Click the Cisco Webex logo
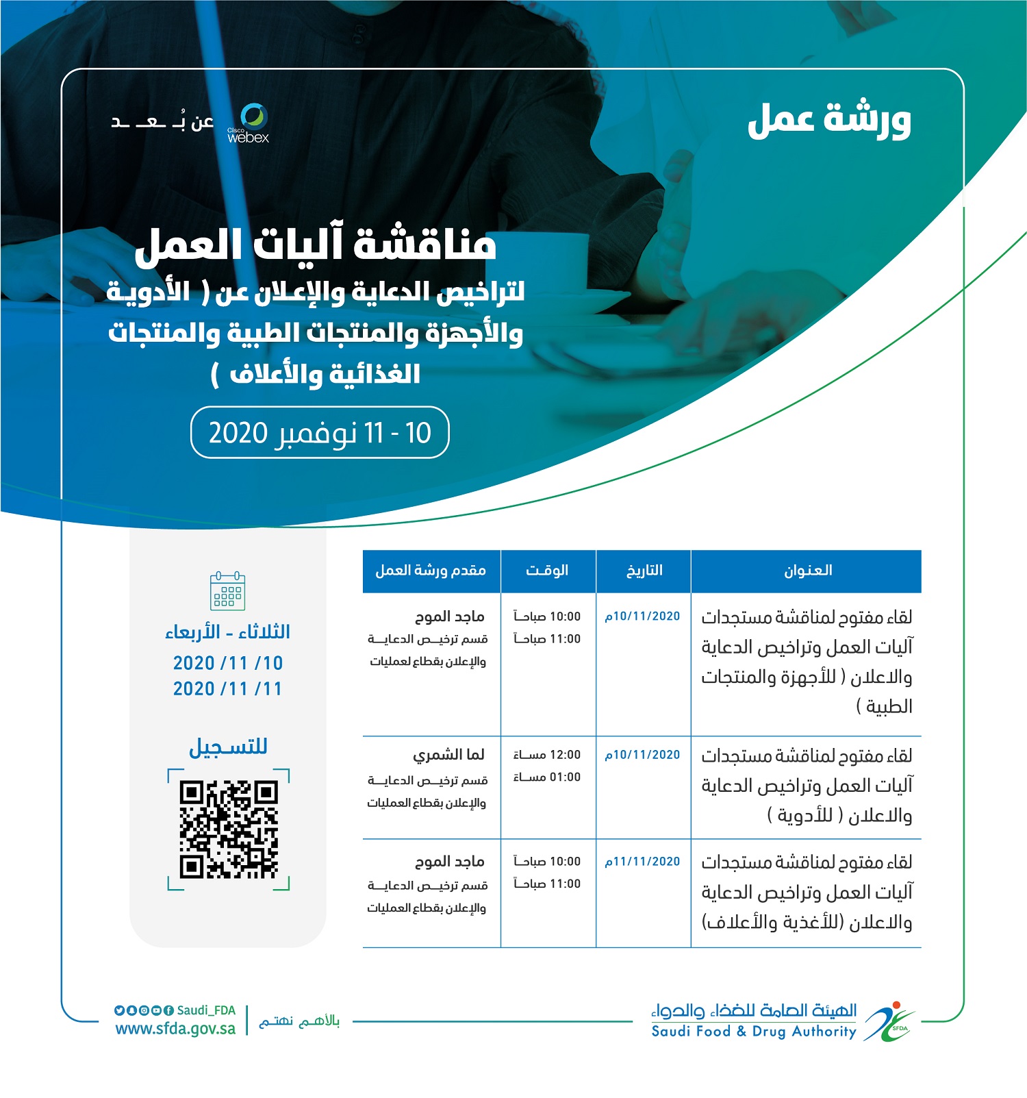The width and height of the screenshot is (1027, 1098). point(249,123)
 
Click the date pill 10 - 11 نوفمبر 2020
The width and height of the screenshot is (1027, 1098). point(320,433)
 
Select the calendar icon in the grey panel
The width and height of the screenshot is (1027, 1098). point(227,591)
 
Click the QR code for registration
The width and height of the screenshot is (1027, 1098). point(229,829)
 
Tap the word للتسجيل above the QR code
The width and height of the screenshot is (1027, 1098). point(228,746)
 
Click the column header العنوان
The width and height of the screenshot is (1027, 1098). point(807,571)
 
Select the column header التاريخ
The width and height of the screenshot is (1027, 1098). point(644,571)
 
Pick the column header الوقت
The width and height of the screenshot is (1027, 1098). point(547,571)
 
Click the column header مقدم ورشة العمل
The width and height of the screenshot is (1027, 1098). point(431,571)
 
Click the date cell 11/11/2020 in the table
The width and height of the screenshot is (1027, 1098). point(642,862)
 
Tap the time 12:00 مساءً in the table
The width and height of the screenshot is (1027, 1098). point(547,755)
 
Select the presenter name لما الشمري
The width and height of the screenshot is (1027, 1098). point(448,755)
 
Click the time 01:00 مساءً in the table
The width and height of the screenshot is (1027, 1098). point(547,777)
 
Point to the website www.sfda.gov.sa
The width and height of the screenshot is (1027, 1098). point(175,1029)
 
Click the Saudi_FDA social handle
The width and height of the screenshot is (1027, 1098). point(206,1010)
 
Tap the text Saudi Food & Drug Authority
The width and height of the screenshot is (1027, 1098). point(754,1032)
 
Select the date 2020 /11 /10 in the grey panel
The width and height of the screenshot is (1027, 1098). point(228,663)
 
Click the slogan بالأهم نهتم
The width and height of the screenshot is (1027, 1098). point(299,1021)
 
